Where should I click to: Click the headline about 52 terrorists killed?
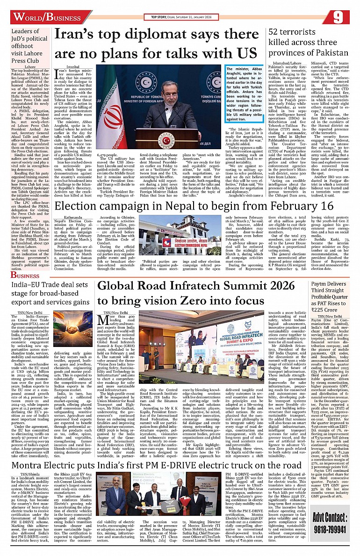(x=308, y=42)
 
